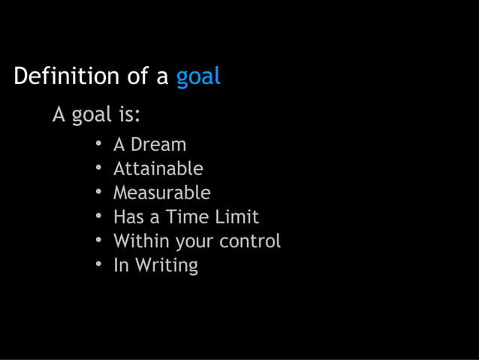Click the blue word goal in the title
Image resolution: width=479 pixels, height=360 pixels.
[198, 77]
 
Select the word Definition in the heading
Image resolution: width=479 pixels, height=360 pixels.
[66, 76]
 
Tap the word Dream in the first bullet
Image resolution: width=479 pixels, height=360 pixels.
[158, 144]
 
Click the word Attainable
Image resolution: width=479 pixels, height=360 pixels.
[158, 168]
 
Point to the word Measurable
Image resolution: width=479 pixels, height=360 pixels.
[161, 192]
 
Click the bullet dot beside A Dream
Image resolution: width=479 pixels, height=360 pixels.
[98, 144]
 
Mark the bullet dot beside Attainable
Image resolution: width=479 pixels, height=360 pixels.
[98, 168]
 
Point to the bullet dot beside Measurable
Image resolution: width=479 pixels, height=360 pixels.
[98, 192]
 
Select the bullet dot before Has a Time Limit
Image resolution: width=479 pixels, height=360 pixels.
[98, 216]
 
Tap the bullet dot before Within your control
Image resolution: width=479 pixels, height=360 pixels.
[98, 241]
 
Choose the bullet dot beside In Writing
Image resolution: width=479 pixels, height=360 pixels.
[98, 265]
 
